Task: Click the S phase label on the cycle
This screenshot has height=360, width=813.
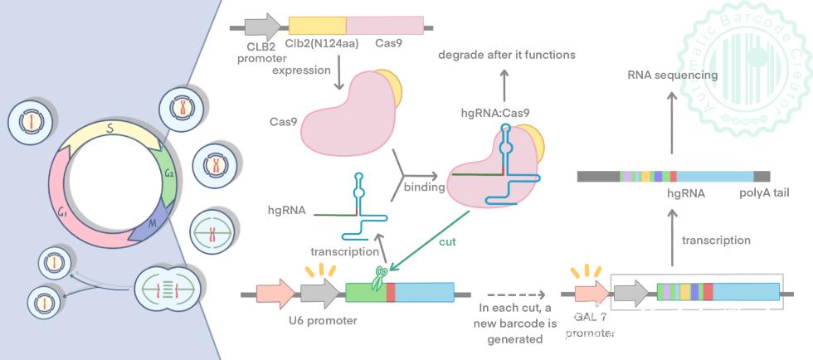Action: (x=110, y=129)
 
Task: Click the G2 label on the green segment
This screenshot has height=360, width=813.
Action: (x=168, y=173)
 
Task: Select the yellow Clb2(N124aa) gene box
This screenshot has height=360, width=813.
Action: (x=317, y=26)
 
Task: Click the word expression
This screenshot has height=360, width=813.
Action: (x=302, y=71)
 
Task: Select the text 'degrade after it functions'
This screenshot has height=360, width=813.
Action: (x=506, y=55)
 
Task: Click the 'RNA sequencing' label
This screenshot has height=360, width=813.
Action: (x=672, y=75)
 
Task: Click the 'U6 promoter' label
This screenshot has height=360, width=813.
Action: (x=324, y=321)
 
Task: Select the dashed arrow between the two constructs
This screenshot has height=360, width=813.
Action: (x=515, y=294)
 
